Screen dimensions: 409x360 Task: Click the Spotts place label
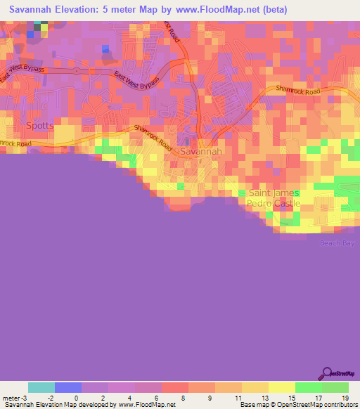[x=39, y=126]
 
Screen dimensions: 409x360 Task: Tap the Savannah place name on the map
[x=201, y=151]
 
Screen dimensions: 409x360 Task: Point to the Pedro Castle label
[x=274, y=204]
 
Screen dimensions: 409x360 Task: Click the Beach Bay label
[x=338, y=242]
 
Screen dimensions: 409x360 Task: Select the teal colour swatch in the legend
[x=41, y=387]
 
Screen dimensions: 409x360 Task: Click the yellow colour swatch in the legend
[x=282, y=387]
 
